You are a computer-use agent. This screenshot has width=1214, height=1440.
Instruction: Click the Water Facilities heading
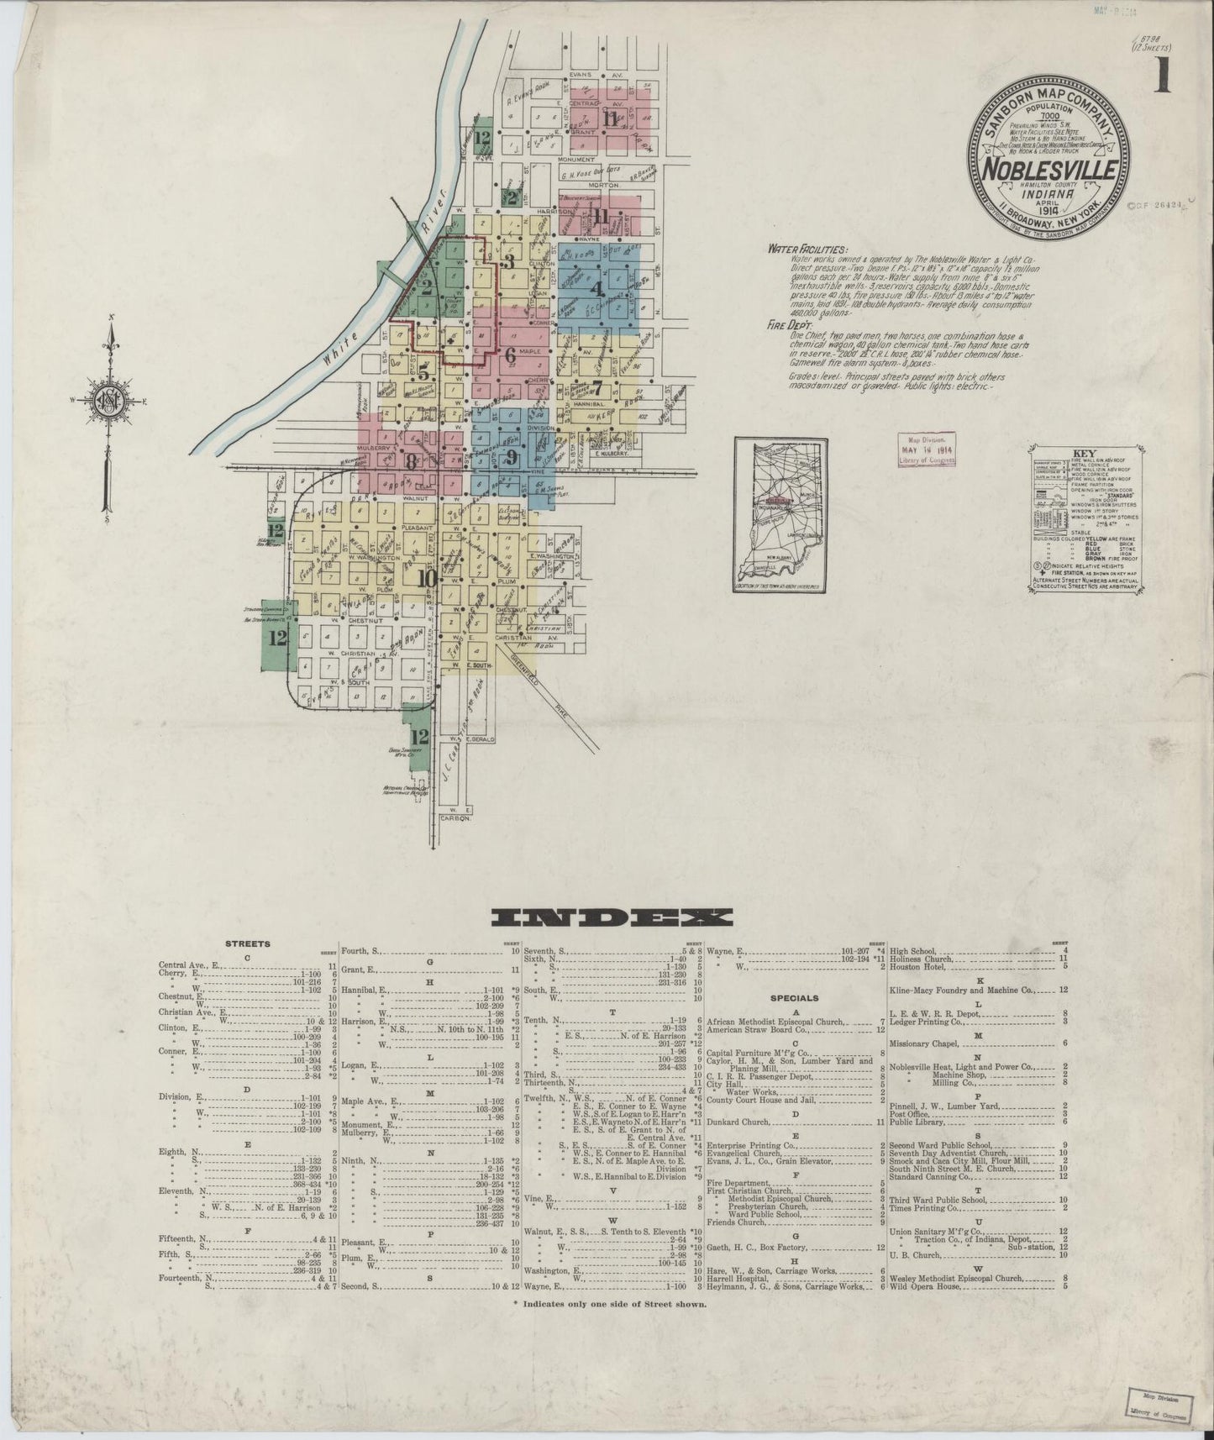807,250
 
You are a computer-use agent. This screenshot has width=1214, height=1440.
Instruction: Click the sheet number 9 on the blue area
511,458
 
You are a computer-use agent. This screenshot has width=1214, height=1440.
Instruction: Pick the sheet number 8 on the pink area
411,460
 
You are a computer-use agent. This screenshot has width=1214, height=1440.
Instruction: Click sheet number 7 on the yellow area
597,387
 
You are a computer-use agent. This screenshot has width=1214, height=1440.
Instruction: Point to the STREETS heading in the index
247,943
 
